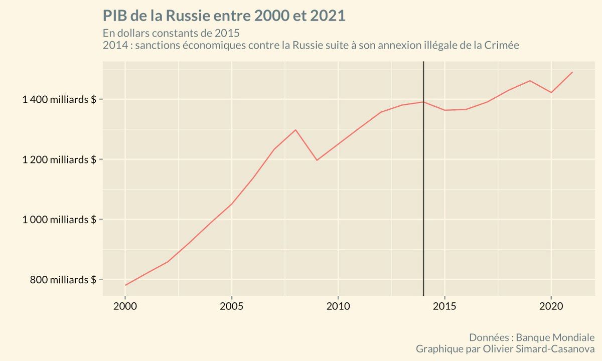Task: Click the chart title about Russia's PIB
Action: click(224, 16)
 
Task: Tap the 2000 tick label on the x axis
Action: click(125, 305)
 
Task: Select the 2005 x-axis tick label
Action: click(231, 305)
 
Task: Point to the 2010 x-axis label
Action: click(338, 305)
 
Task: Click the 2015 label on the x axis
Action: click(444, 305)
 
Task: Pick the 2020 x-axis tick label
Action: click(551, 305)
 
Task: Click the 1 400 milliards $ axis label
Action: click(59, 99)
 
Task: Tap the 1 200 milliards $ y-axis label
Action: click(59, 159)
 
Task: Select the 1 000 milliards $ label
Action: click(59, 220)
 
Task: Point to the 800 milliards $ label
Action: click(63, 280)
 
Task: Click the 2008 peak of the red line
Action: click(295, 130)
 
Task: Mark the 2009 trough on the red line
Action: click(317, 160)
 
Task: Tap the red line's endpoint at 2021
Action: click(572, 72)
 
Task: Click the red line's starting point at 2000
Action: click(125, 285)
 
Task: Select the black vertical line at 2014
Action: click(423, 201)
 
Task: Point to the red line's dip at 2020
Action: click(551, 92)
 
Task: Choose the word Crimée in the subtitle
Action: click(501, 46)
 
